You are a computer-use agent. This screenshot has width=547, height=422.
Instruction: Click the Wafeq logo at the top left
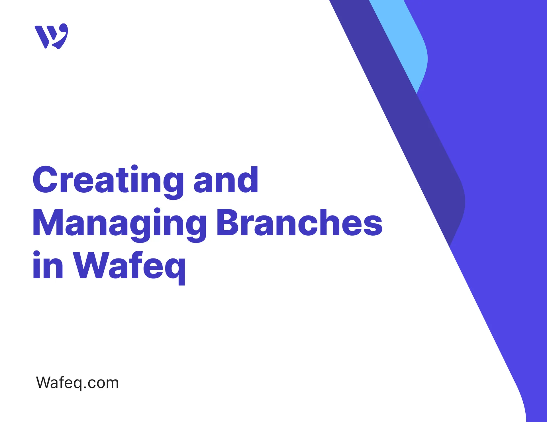[x=51, y=36]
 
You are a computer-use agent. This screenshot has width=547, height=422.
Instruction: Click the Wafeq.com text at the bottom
[x=77, y=383]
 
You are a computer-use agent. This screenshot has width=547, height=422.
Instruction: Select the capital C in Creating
[x=46, y=180]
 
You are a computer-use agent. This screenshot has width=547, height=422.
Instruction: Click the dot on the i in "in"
[x=36, y=253]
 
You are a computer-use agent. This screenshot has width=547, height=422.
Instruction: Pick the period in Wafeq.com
[x=85, y=388]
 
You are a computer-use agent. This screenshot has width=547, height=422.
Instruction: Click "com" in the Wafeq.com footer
[x=103, y=383]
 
